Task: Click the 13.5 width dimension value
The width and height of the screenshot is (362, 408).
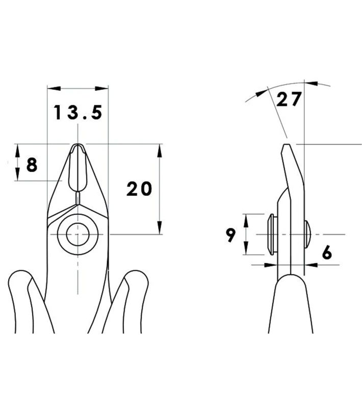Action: pos(78,113)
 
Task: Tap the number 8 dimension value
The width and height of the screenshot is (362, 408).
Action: pos(32,165)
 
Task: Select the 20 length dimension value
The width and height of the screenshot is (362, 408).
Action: pos(139,189)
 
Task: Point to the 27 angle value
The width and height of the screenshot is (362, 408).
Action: pos(289,99)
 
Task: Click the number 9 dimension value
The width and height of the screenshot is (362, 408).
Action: pos(230,235)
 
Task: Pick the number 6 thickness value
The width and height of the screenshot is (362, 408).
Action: pos(327,252)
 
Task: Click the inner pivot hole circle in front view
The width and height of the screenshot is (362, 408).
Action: pos(78,235)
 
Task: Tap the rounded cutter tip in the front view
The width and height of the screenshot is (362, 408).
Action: pos(77,146)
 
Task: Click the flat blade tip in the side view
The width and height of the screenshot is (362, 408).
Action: pos(286,145)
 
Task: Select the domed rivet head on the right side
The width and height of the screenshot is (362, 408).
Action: pos(307,234)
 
